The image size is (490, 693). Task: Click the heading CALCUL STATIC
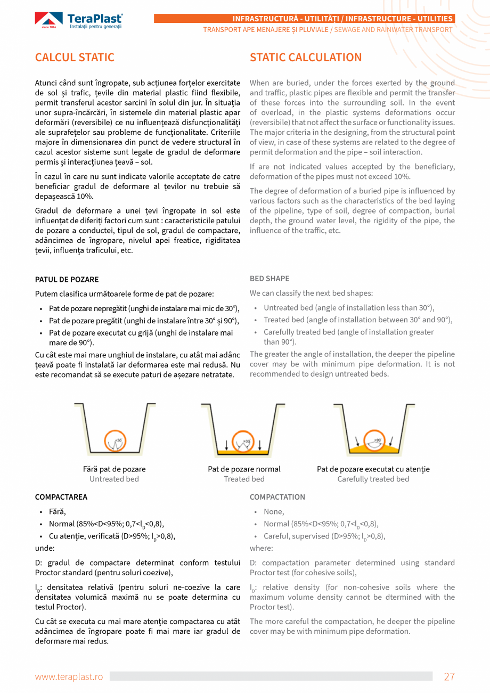pos(75,58)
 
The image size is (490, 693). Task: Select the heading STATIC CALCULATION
pos(306,58)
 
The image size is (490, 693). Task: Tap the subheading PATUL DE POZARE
pos(67,280)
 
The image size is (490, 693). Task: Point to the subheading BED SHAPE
pos(269,279)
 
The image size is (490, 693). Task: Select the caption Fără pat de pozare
pos(114,469)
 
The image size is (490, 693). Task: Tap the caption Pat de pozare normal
pos(244,469)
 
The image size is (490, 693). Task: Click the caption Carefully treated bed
pos(373,479)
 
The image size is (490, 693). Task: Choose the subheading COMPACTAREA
pos(61,497)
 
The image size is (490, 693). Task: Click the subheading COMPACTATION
pos(277,497)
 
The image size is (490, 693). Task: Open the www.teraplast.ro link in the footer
pos(69,676)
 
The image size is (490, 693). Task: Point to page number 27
pos(450,676)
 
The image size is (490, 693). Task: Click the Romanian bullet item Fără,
pos(58,511)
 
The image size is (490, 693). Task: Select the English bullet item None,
pos(274,511)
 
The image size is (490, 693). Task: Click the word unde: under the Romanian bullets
pos(45,548)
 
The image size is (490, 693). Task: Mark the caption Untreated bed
pos(114,479)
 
